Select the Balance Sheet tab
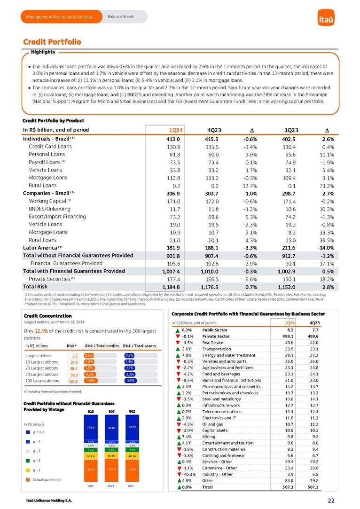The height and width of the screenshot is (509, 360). point(120,17)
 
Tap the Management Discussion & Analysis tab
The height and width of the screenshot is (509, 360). point(59,17)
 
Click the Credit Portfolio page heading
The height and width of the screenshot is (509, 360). point(52,42)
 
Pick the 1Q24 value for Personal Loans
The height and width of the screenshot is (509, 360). point(175,154)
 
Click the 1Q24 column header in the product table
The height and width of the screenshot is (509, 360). point(176,130)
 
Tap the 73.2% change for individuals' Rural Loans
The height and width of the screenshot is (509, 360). point(324,185)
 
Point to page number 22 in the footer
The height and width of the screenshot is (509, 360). point(331,501)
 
